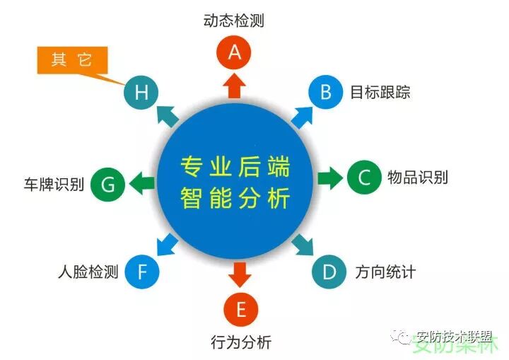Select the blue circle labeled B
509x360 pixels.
coord(326,92)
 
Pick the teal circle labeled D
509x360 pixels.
coord(329,271)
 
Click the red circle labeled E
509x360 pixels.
coord(240,309)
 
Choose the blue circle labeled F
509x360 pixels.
coord(142,271)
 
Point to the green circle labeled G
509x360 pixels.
coord(108,185)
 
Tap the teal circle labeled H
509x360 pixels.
coord(141,92)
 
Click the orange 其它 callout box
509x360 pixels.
coord(71,59)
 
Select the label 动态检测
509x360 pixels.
coord(234,20)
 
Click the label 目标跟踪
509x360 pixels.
coord(380,93)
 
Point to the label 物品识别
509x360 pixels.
coord(418,177)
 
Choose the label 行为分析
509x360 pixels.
coord(241,344)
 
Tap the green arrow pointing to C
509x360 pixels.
coord(329,178)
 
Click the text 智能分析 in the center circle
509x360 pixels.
coord(235,199)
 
